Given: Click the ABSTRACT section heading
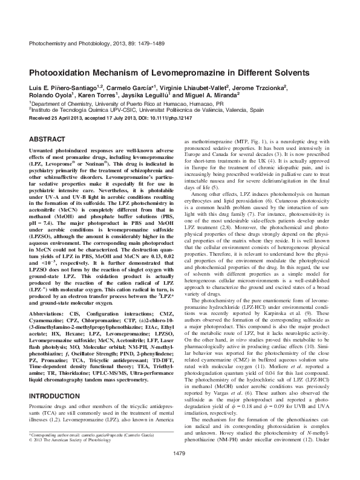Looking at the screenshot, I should pos(45,138).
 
